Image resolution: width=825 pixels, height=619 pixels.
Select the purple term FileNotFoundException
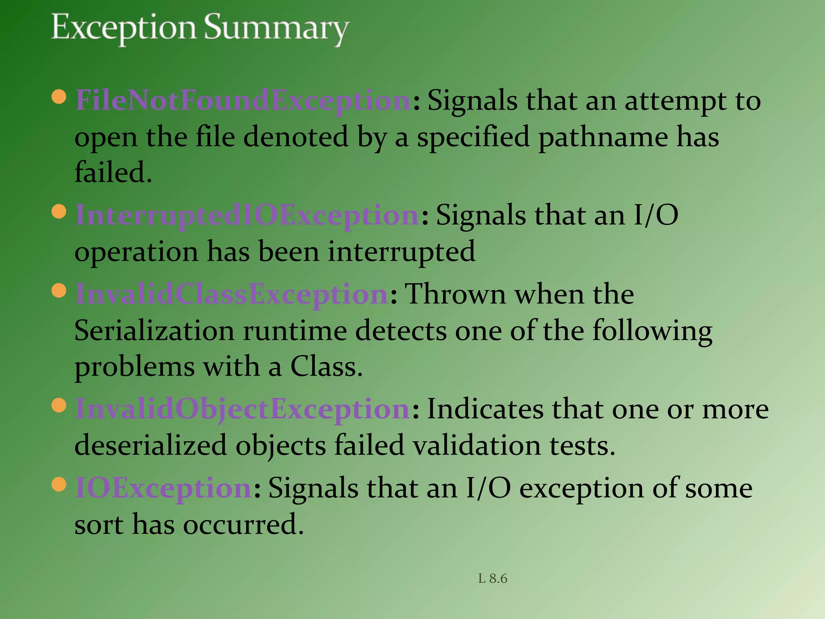[243, 100]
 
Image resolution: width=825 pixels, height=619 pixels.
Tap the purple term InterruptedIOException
[247, 215]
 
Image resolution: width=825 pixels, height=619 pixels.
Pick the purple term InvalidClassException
[232, 294]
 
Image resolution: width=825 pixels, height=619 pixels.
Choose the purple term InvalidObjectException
[243, 409]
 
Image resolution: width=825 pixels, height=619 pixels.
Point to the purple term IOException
[164, 488]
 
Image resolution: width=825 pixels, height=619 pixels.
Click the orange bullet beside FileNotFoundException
[59, 97]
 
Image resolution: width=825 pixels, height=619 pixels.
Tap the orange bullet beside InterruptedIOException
[59, 212]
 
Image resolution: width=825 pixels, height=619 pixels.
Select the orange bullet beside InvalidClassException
[59, 291]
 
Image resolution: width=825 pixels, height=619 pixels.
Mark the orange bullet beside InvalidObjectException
[59, 405]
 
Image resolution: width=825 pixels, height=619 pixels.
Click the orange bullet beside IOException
[59, 484]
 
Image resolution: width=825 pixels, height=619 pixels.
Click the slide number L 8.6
[492, 579]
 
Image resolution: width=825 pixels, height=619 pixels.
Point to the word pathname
[603, 137]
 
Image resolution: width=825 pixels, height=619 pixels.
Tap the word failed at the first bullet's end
[113, 172]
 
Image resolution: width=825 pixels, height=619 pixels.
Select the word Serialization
[154, 331]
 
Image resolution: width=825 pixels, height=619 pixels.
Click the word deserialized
[151, 446]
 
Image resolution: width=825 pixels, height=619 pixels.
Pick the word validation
[477, 446]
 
